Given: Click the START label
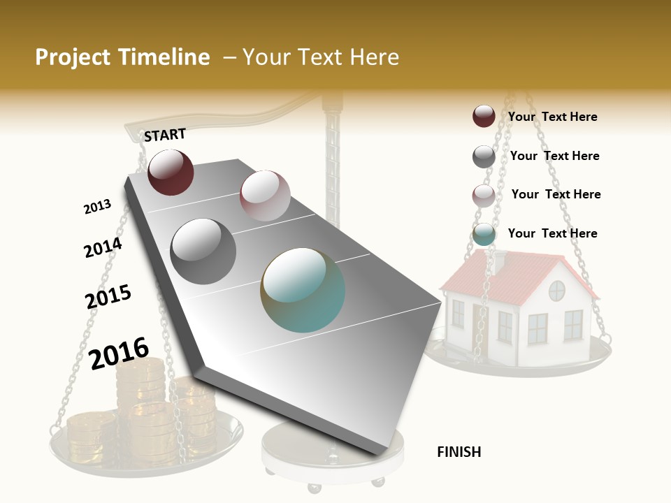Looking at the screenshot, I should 165,135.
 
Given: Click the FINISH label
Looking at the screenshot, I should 459,452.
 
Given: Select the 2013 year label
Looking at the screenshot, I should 97,207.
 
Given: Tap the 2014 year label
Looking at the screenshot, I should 103,247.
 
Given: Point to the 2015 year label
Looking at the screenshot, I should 108,296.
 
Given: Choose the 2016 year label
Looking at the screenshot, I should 120,353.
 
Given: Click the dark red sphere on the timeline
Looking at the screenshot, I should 171,173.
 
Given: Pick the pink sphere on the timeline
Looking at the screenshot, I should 265,196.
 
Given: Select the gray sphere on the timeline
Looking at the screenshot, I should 203,251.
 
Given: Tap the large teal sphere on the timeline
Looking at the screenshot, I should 303,290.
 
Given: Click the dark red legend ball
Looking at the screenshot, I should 484,116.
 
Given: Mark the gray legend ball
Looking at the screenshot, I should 484,156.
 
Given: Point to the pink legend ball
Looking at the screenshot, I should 484,196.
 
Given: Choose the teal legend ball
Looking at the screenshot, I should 484,235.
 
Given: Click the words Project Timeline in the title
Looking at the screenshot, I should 122,57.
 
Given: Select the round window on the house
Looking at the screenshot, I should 557,290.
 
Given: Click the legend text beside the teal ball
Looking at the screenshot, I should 553,233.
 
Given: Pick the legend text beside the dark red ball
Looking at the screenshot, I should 553,117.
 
